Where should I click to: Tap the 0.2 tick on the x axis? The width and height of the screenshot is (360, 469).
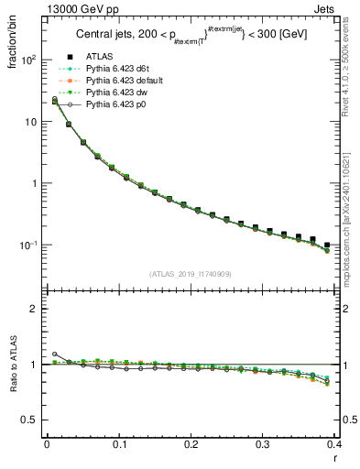pos(191,446)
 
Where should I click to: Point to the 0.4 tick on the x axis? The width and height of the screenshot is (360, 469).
pos(334,446)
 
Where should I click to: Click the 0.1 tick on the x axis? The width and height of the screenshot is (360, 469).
pos(119,446)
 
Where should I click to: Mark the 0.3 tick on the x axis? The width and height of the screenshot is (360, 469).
pos(263,446)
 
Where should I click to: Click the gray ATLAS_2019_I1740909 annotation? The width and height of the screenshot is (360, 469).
pos(191,275)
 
